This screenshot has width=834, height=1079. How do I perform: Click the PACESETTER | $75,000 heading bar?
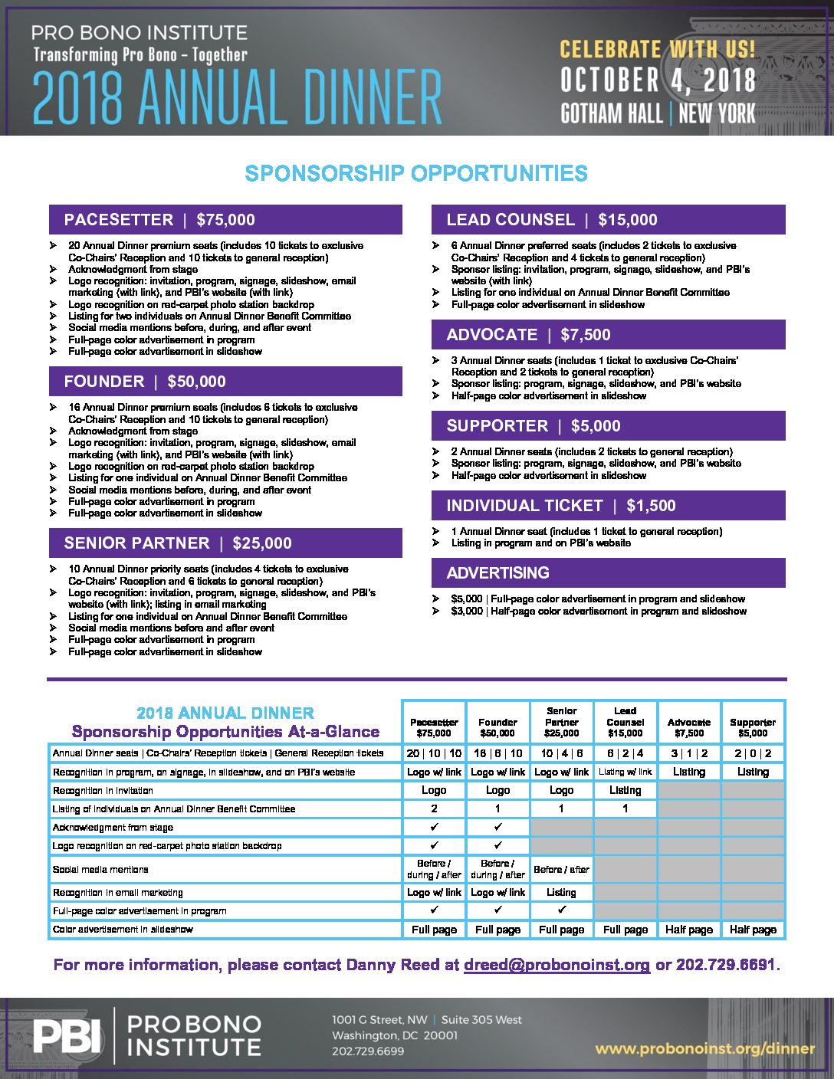pos(225,220)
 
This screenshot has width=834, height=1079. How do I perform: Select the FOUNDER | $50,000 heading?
pos(225,382)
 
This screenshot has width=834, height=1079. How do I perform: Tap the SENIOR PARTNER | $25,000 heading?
pos(225,543)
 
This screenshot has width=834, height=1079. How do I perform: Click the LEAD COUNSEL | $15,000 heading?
pos(608,220)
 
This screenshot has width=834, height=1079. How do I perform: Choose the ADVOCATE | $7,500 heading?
pos(608,335)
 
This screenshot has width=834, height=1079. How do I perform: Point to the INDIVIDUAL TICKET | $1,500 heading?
pos(608,506)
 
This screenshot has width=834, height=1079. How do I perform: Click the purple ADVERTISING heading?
pos(608,573)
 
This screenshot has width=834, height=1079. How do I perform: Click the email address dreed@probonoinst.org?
pos(557,965)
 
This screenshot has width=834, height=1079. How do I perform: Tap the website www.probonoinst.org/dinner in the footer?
pos(704,1048)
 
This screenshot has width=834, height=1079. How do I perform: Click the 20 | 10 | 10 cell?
pos(434,753)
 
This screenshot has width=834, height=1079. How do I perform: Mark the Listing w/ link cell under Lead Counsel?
pos(625,772)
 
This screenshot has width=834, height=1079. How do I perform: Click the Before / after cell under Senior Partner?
pos(561,869)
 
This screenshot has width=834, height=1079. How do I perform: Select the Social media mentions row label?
pos(100,870)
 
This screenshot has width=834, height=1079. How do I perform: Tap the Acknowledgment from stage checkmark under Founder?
pos(497,827)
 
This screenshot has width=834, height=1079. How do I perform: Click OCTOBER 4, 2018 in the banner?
pos(658,80)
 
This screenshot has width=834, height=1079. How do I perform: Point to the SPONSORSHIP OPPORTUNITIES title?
pos(416,173)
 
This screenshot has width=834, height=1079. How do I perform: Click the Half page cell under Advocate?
pos(689,930)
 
